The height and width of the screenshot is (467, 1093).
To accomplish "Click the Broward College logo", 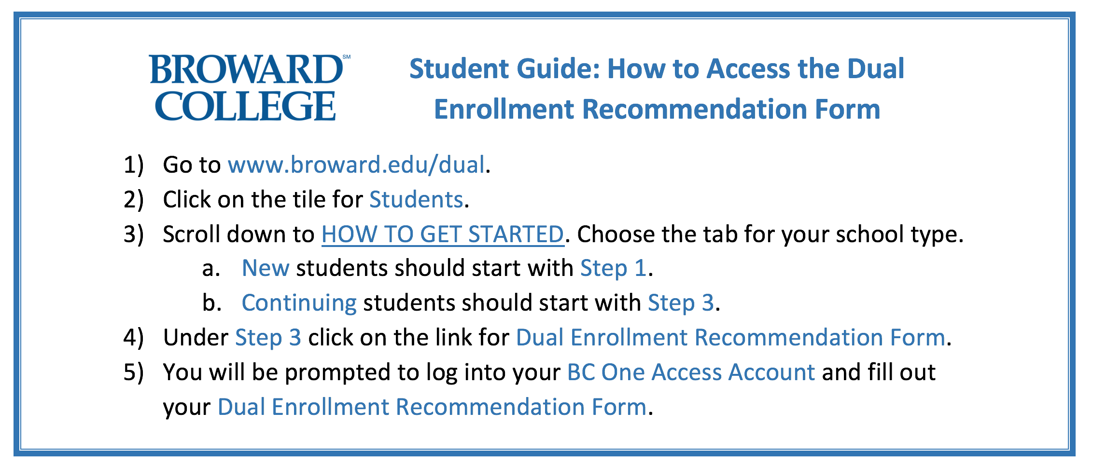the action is point(250,87).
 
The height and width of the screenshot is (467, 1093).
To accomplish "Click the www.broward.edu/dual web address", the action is point(356,165).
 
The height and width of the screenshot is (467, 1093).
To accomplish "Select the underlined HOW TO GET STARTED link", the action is point(443,234).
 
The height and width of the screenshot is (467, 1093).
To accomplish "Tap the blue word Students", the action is point(416,200).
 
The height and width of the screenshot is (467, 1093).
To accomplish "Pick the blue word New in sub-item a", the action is point(266,268).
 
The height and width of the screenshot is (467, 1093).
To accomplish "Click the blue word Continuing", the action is point(299,303).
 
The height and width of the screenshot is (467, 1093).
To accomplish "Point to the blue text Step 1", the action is point(613,269).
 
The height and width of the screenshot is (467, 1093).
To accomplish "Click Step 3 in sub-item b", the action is point(681,303).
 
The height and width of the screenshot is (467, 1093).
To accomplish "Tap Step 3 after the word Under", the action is point(268,338).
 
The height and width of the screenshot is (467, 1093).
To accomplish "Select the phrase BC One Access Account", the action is point(691,372).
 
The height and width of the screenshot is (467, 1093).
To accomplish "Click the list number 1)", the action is point(134,165).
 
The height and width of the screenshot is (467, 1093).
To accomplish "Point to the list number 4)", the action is point(134,338).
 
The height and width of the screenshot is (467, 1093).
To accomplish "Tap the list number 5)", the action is point(134,372).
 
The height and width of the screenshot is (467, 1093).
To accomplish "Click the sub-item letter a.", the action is point(211,269).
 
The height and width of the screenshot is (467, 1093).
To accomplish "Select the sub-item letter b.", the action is point(212,303).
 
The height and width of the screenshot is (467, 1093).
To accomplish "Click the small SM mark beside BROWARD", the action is point(347,57).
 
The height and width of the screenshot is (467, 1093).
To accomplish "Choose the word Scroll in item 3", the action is point(191,234).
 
